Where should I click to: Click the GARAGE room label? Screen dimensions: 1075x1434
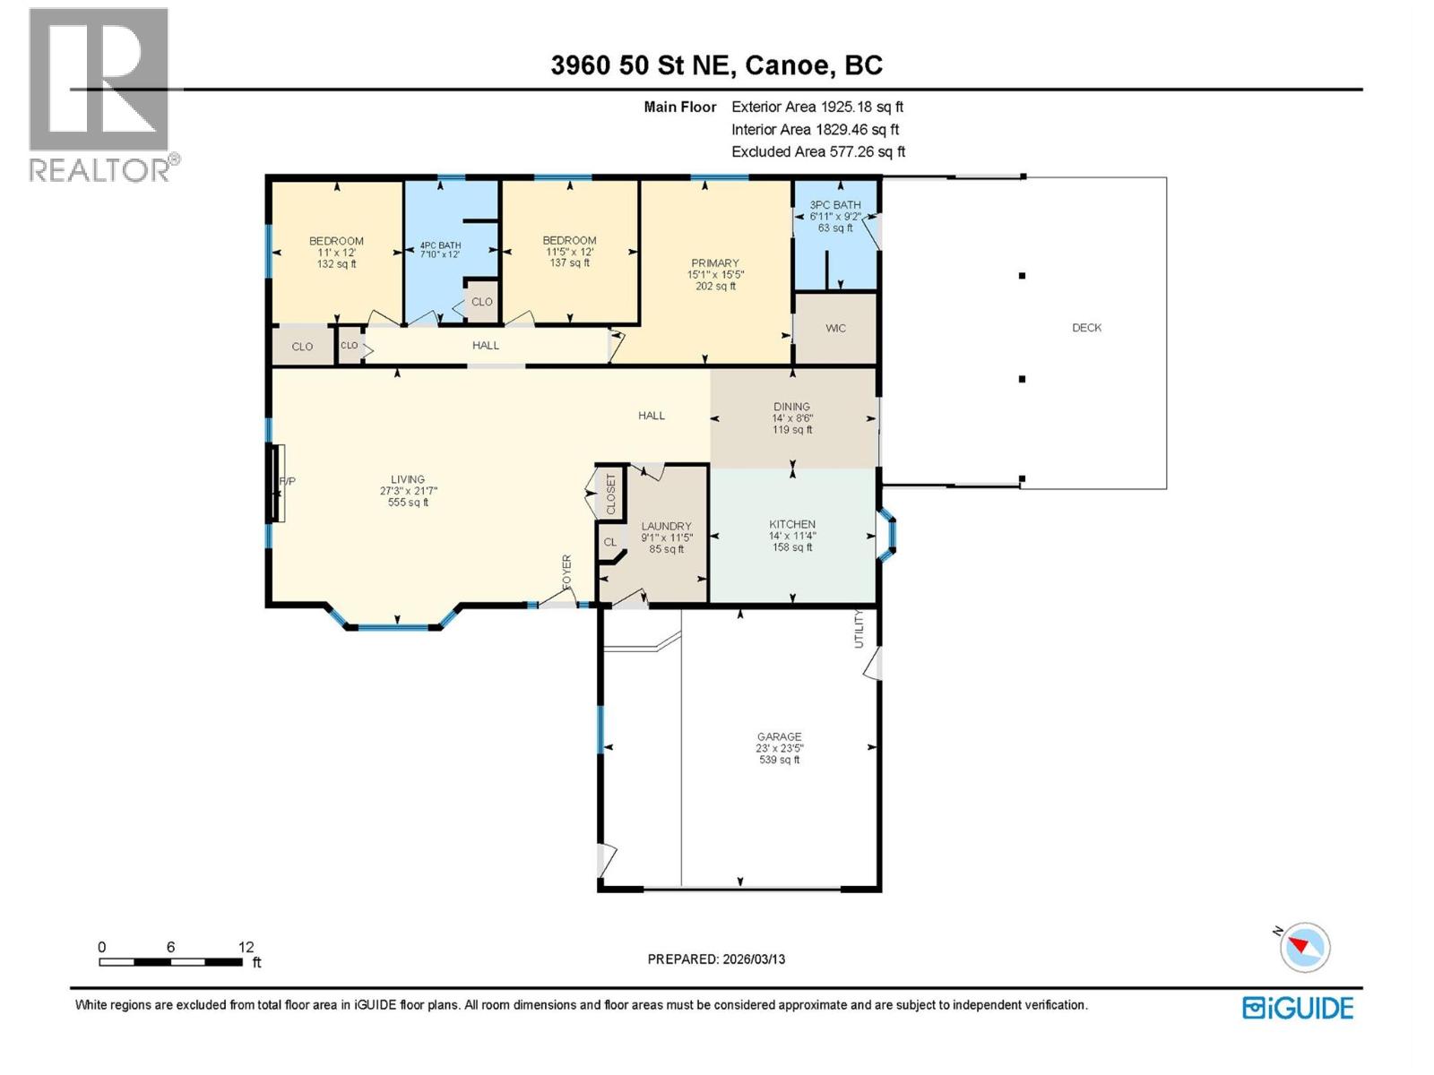point(778,737)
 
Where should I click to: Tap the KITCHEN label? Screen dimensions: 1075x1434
point(792,524)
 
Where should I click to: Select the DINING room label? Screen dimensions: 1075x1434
point(791,407)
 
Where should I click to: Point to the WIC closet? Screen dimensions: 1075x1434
point(835,329)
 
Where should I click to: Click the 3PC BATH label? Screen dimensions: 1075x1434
point(834,205)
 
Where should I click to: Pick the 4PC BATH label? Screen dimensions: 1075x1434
point(440,245)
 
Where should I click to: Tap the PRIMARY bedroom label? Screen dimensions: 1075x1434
point(714,263)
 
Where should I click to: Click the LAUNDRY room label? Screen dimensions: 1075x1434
point(666,527)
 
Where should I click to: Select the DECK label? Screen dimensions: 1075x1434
point(1086,328)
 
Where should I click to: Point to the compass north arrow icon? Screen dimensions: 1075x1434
point(1305,947)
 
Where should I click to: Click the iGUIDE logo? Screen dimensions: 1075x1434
point(1298,1008)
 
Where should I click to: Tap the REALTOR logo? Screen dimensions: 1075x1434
point(100,94)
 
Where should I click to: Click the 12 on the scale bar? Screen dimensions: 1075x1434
point(246,947)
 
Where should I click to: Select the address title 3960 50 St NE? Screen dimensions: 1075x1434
point(716,65)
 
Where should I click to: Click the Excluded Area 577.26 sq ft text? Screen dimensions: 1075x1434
point(818,152)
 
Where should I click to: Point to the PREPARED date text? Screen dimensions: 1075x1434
point(716,959)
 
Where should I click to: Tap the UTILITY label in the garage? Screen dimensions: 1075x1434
point(858,628)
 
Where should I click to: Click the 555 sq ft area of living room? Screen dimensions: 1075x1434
point(408,503)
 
